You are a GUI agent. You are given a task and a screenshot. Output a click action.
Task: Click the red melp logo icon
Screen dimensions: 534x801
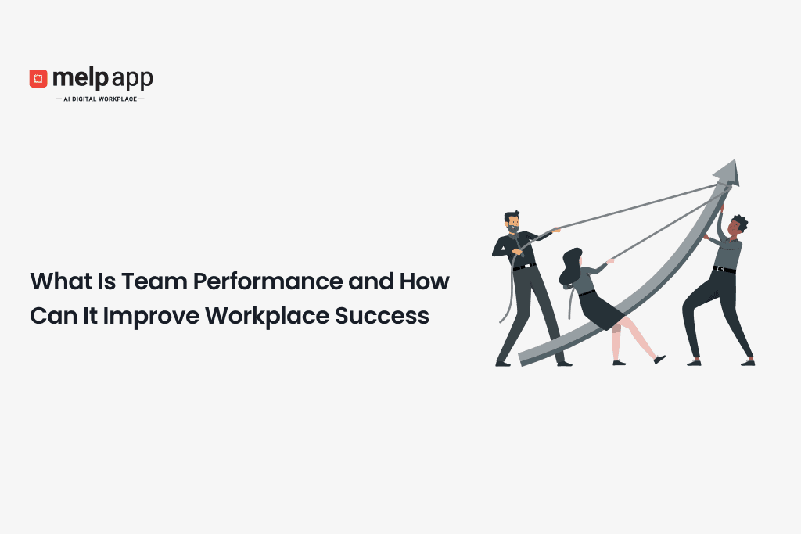pyautogui.click(x=38, y=78)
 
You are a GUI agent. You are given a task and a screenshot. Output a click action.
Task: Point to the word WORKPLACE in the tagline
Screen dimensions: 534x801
pyautogui.click(x=118, y=99)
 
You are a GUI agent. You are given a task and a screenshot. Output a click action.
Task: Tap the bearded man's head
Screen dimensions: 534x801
pyautogui.click(x=512, y=223)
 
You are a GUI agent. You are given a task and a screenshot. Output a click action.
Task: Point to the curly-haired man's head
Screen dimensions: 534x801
pyautogui.click(x=736, y=227)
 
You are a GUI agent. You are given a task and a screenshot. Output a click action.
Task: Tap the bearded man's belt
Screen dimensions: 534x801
pyautogui.click(x=523, y=267)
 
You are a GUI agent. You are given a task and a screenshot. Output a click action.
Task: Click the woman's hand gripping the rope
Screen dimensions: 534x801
pyautogui.click(x=610, y=260)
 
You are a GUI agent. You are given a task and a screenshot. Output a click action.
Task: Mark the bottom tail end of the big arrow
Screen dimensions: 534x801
pyautogui.click(x=523, y=359)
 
